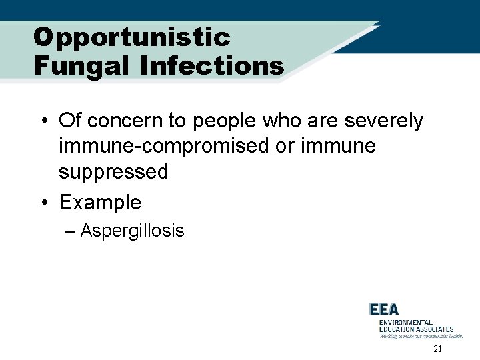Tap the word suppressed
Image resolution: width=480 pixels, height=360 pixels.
[x=113, y=172]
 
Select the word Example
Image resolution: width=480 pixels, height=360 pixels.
[x=100, y=201]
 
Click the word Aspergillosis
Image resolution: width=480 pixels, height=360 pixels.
[x=132, y=231]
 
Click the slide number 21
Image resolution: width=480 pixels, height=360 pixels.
[x=437, y=349]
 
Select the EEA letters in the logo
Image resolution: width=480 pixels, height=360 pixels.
[x=384, y=309]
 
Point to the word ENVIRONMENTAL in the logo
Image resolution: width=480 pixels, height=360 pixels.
[x=406, y=323]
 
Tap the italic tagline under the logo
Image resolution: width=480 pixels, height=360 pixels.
[x=421, y=337]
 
